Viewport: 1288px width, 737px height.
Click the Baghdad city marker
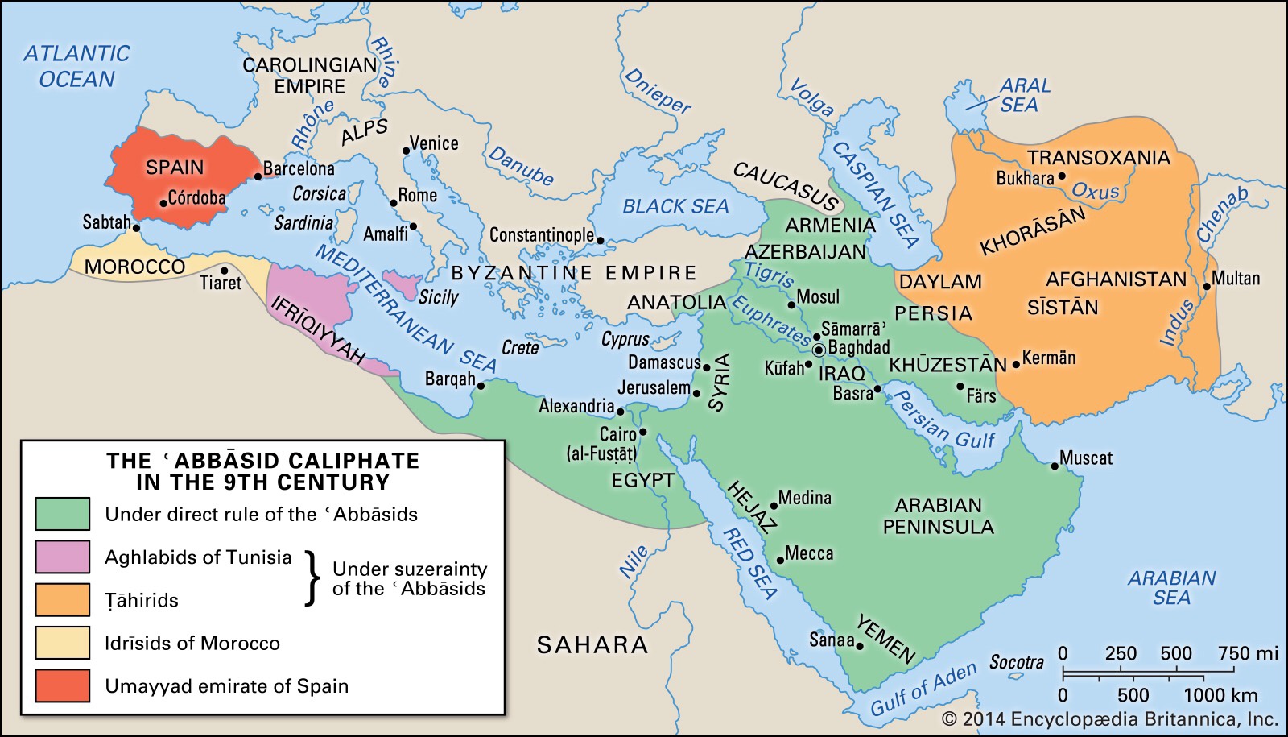coord(819,350)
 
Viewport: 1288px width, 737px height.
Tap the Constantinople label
coord(541,235)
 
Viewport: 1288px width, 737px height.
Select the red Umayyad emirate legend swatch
coord(62,685)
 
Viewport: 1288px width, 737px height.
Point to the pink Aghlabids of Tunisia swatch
coord(62,557)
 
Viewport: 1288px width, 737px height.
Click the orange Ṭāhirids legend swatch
coord(62,599)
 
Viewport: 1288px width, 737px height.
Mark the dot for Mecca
coord(779,560)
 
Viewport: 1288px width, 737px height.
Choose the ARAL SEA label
coord(1023,95)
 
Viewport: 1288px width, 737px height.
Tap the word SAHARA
coord(592,644)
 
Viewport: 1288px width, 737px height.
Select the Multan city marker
coord(1206,286)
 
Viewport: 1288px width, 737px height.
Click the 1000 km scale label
coord(1220,695)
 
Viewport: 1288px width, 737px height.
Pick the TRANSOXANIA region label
coord(1098,157)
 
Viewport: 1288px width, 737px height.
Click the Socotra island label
coord(1016,662)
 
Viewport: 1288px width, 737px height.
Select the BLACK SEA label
coord(675,206)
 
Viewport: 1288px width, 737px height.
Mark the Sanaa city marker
coord(860,646)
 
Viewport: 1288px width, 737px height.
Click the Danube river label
coord(521,165)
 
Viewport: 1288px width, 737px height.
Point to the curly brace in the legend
coord(312,578)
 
